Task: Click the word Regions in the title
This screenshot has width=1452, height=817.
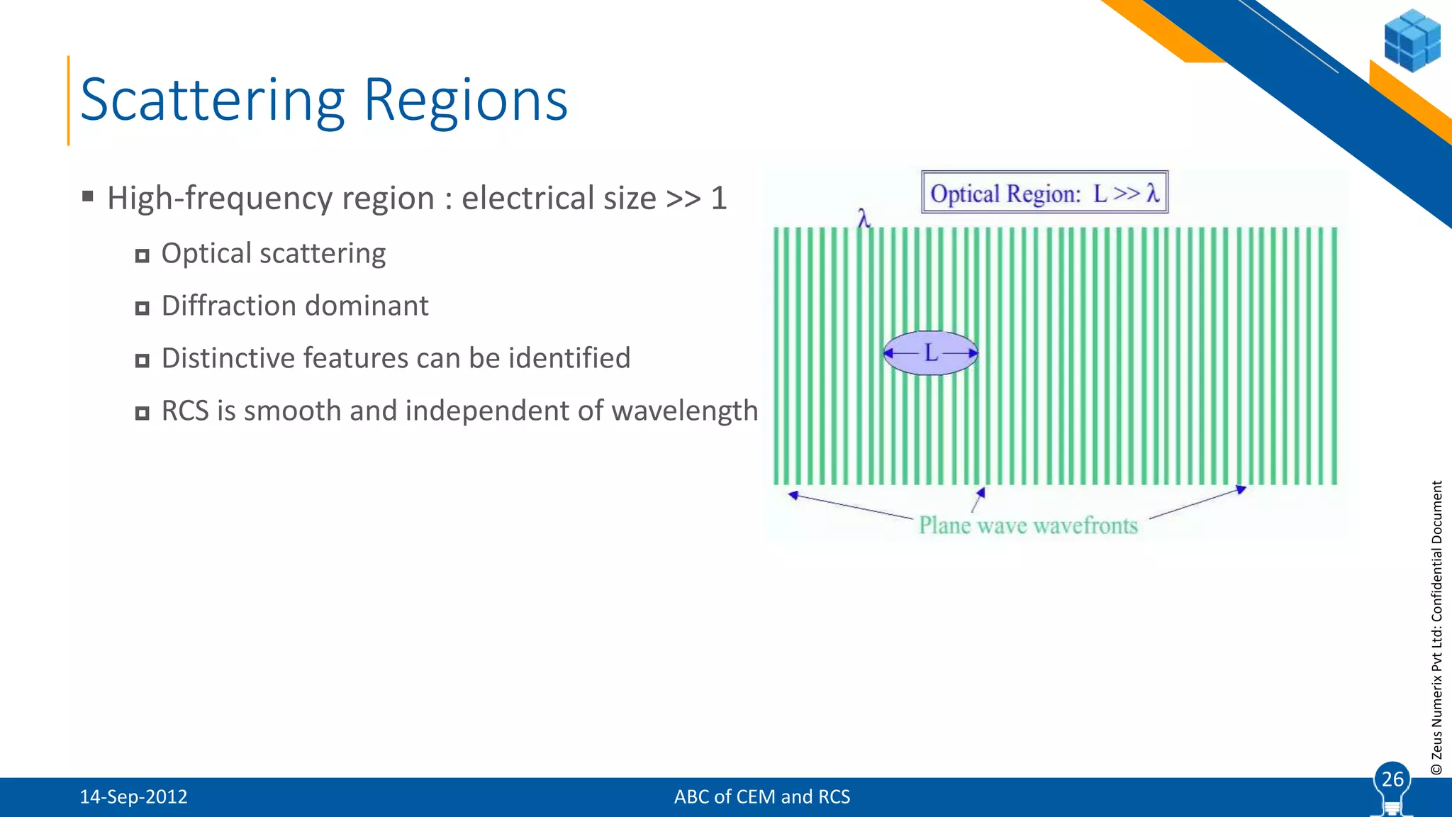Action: pos(465,101)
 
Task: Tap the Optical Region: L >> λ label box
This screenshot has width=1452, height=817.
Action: pos(1044,192)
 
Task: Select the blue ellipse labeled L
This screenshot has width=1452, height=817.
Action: pos(930,352)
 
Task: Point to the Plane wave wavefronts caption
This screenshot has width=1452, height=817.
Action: pos(1028,526)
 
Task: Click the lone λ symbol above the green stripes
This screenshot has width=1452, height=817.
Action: pos(863,218)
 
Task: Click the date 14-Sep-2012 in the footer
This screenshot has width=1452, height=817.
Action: pos(133,797)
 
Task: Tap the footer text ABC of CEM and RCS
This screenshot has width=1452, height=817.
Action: pos(761,797)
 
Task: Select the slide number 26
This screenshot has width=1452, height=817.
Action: pos(1392,779)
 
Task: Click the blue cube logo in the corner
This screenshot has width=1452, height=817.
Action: pos(1412,40)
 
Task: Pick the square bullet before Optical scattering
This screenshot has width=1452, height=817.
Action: pos(143,256)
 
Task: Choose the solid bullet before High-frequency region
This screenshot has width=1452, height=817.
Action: pos(88,196)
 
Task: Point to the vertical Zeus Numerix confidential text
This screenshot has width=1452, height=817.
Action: pos(1436,628)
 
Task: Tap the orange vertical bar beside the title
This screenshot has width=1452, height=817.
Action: pos(69,101)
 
